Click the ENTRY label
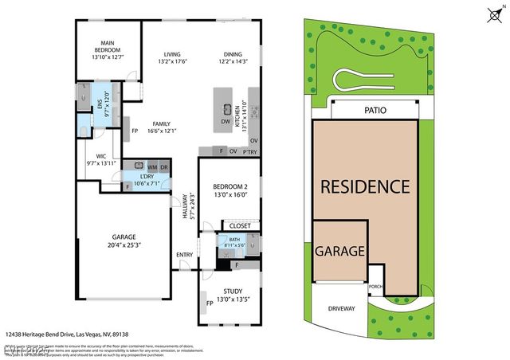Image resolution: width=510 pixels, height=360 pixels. (x=185, y=255)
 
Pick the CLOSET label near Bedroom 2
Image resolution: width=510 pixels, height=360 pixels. (x=241, y=226)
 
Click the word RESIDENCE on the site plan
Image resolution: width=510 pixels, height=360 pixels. (x=365, y=187)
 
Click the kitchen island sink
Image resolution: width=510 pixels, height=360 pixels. (x=226, y=109)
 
